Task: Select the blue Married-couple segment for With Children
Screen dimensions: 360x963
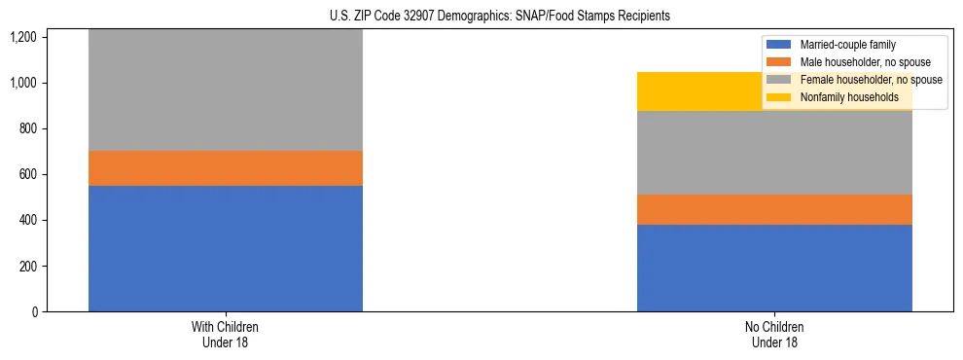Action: coord(226,248)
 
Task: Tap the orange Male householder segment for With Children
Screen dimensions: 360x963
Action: coord(226,168)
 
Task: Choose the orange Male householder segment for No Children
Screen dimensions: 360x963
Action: coord(774,209)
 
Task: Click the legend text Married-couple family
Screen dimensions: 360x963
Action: coord(847,45)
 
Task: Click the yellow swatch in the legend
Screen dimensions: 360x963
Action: coord(779,97)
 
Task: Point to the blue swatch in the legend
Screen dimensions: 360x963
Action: coord(779,45)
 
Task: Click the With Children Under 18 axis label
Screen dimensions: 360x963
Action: coord(226,335)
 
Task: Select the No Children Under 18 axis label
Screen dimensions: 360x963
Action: coord(774,335)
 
